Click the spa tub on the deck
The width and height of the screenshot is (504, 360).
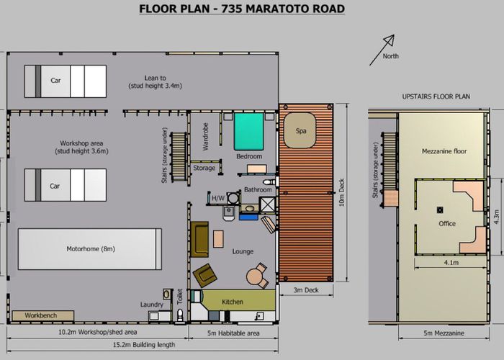(300, 130)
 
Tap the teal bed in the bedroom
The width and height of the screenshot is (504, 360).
(249, 131)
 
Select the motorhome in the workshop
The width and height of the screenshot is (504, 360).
(90, 249)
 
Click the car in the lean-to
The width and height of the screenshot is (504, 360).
(66, 81)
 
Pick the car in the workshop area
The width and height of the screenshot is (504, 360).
(66, 185)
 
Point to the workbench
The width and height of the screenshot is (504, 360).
(42, 315)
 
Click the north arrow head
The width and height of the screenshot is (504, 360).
(390, 40)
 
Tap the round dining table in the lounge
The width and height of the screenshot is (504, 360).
(255, 276)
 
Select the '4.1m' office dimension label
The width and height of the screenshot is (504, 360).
(451, 263)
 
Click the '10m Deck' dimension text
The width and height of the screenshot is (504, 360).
(341, 192)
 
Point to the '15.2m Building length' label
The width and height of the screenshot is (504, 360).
(144, 345)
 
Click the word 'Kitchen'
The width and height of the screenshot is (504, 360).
(232, 302)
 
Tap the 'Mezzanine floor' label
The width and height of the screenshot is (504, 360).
(444, 151)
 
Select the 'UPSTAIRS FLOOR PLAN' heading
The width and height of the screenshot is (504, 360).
(436, 96)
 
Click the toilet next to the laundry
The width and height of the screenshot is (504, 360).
(180, 315)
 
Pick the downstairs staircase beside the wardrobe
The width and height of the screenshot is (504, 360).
(179, 157)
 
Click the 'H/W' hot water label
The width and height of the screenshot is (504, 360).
(218, 198)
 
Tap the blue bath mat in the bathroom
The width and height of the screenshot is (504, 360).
(248, 217)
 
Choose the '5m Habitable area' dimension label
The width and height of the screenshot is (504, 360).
(233, 333)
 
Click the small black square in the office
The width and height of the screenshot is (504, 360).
(440, 210)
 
